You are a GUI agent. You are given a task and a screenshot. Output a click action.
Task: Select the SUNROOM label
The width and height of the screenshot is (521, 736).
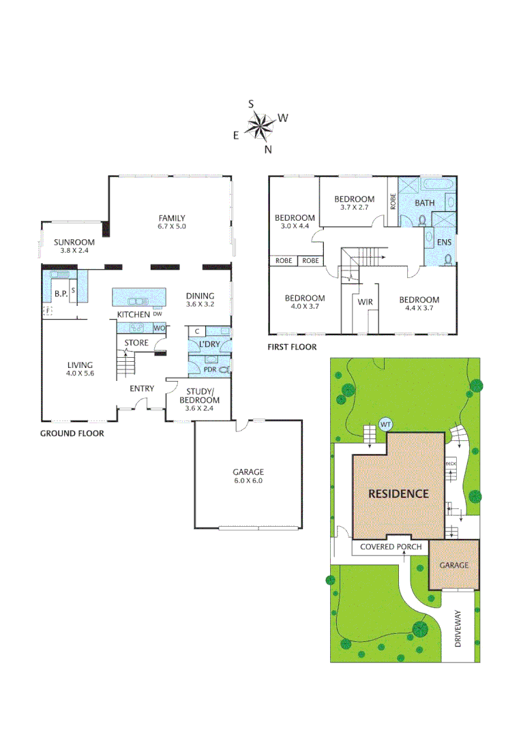point(74,242)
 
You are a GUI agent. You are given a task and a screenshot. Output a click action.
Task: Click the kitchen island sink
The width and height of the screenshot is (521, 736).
point(138,301)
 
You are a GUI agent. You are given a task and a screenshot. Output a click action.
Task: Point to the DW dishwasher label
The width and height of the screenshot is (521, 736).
point(158,314)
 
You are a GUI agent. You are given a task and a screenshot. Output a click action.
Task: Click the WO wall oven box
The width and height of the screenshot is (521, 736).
point(159,328)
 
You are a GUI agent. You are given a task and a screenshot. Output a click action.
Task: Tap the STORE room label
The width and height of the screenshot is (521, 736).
point(136,343)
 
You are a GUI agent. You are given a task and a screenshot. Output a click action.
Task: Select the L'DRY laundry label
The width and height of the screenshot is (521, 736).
point(209,345)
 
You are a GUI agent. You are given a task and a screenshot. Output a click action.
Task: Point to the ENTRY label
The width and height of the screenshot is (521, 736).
point(142,388)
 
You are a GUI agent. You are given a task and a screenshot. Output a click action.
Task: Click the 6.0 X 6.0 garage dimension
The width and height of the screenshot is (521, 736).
point(248,480)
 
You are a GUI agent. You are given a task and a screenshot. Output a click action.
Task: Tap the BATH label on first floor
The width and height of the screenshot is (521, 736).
point(425,203)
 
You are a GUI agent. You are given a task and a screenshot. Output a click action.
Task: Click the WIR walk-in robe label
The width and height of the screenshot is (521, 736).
point(364,301)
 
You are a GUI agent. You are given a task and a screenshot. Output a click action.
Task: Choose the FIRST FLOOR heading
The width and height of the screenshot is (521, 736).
point(293,347)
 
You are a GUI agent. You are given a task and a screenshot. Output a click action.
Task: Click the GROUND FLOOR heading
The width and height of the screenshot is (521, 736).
point(72,433)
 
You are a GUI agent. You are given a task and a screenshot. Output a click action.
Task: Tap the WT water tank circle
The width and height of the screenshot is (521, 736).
point(385,425)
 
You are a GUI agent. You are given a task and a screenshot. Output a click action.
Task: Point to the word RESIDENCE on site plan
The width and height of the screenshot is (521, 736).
point(398,493)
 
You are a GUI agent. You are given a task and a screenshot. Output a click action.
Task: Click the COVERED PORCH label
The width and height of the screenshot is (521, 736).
point(391,547)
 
